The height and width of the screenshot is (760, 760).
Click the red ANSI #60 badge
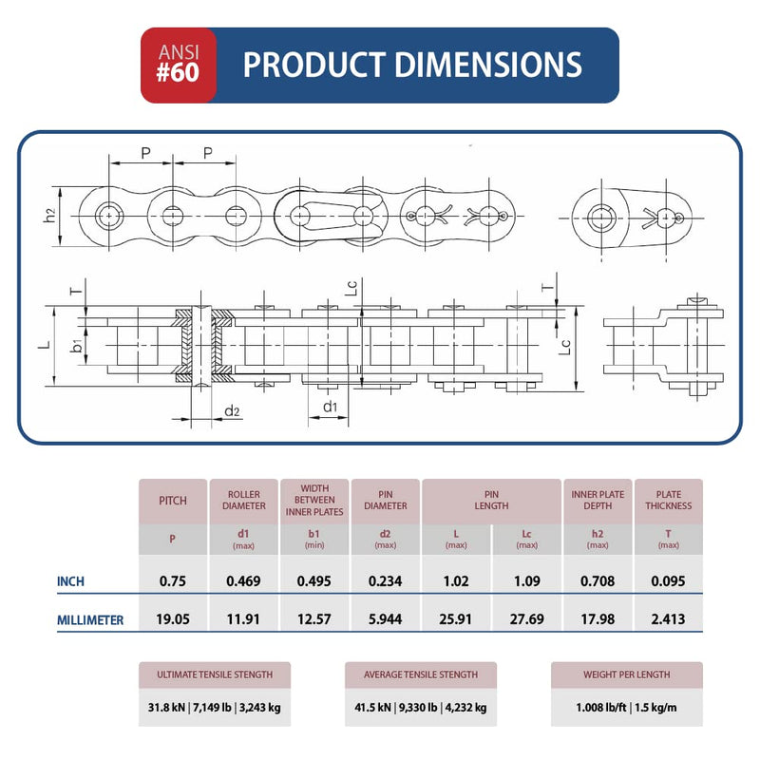[x=178, y=65]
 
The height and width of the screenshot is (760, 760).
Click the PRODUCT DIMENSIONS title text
[x=412, y=65]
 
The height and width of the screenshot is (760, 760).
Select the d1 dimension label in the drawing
[x=330, y=408]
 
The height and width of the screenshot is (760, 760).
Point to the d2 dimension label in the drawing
[x=231, y=410]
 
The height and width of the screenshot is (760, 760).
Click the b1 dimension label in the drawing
[x=75, y=345]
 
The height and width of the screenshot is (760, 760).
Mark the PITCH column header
[x=172, y=501]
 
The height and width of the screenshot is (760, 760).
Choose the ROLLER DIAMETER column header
[x=244, y=501]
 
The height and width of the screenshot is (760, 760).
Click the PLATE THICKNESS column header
[x=668, y=501]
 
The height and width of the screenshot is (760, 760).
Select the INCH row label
[x=77, y=581]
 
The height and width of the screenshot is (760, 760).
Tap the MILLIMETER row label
[x=90, y=620]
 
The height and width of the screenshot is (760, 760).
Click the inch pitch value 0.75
[x=172, y=581]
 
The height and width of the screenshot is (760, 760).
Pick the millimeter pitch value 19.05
[x=172, y=620]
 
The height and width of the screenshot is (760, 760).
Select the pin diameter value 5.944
[x=385, y=620]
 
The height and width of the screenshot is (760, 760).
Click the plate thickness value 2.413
[x=668, y=620]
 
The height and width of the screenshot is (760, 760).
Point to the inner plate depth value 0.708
[x=598, y=581]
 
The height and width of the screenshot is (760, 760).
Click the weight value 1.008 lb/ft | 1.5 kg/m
[x=626, y=708]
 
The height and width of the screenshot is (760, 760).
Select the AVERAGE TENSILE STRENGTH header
[x=420, y=674]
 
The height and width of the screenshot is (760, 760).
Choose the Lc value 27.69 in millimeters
[x=526, y=620]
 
